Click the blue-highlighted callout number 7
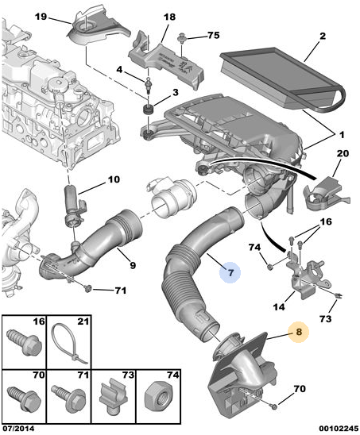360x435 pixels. [x=230, y=273]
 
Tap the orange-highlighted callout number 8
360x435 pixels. [x=299, y=332]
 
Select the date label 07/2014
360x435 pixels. [x=18, y=429]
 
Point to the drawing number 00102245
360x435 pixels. [x=339, y=429]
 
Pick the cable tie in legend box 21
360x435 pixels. [x=70, y=345]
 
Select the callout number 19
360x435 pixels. [x=41, y=17]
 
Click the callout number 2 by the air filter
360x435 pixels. [x=322, y=36]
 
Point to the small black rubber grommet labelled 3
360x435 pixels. [x=149, y=110]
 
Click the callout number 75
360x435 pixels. [x=213, y=36]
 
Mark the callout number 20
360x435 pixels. [x=343, y=153]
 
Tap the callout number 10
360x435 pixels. [x=114, y=179]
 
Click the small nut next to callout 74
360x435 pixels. [x=269, y=267]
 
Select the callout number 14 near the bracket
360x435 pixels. [x=279, y=306]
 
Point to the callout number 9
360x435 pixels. [x=133, y=265]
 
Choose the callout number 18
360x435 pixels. [x=169, y=17]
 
